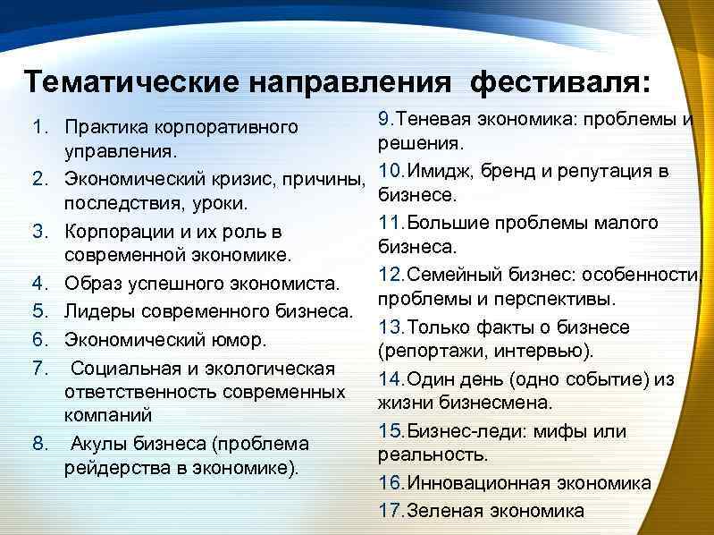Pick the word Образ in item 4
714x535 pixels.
(x=92, y=284)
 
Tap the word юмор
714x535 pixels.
(x=242, y=340)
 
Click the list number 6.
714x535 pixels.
(x=38, y=340)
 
